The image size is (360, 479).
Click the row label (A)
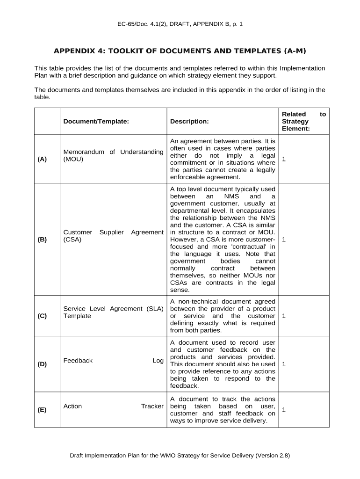(42, 160)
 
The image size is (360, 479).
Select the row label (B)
(42, 239)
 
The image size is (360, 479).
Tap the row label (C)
(42, 316)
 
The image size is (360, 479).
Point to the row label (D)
(42, 364)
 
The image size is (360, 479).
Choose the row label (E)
(42, 410)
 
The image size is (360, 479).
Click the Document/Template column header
(96, 121)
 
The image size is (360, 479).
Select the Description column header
(189, 121)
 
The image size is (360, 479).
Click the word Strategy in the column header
(295, 121)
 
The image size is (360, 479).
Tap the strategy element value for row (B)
(284, 239)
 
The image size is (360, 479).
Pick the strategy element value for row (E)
(284, 410)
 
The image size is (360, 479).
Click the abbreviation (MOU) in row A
(73, 160)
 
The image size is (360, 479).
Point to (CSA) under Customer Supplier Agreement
(72, 239)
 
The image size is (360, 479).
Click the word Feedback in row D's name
(78, 361)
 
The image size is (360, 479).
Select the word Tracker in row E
(152, 406)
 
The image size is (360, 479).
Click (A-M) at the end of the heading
(295, 51)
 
